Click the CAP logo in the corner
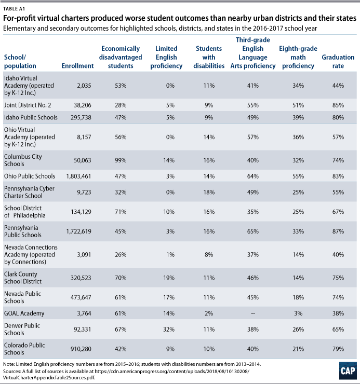point(348,371)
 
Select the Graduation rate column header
point(338,61)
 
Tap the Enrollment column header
point(77,65)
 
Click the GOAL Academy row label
point(24,313)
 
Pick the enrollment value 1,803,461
point(78,176)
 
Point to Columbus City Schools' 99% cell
point(121,160)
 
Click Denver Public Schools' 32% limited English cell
point(169,329)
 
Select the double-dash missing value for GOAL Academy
point(253,313)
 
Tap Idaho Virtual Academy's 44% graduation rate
point(338,86)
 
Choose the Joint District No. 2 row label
point(28,105)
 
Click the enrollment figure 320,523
point(81,278)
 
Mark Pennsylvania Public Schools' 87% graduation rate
point(338,231)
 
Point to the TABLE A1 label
point(14,9)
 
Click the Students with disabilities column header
point(209,57)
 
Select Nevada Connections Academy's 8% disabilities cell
point(209,254)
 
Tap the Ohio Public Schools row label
point(30,176)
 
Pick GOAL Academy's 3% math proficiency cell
point(298,313)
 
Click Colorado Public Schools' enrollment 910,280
point(81,349)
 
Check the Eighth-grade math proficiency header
point(298,57)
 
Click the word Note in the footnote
point(9,364)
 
